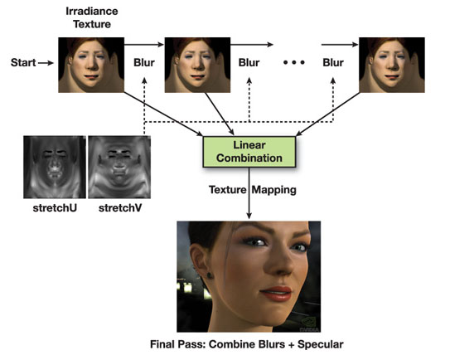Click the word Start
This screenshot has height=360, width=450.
click(23, 62)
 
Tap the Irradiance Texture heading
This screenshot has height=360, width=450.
click(92, 17)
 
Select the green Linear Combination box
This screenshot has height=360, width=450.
click(249, 152)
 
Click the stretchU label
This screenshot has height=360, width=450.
click(55, 207)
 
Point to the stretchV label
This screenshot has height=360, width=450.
click(120, 207)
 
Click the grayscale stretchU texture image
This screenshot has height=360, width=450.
click(55, 167)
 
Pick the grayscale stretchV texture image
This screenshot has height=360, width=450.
click(119, 167)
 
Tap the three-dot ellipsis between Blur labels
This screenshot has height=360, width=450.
click(294, 62)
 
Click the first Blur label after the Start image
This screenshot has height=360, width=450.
click(144, 62)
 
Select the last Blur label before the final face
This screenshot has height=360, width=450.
click(333, 62)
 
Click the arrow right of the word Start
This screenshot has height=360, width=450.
click(46, 63)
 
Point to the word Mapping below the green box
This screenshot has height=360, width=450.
click(274, 190)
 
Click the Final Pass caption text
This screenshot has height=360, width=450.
click(247, 344)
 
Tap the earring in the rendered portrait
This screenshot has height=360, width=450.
click(210, 275)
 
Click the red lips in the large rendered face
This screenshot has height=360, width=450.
click(276, 293)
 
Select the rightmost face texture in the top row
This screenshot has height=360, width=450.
click(392, 65)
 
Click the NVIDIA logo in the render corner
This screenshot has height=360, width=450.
click(309, 324)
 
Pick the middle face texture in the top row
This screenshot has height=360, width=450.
click(197, 65)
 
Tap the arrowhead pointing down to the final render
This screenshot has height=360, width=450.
click(249, 216)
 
